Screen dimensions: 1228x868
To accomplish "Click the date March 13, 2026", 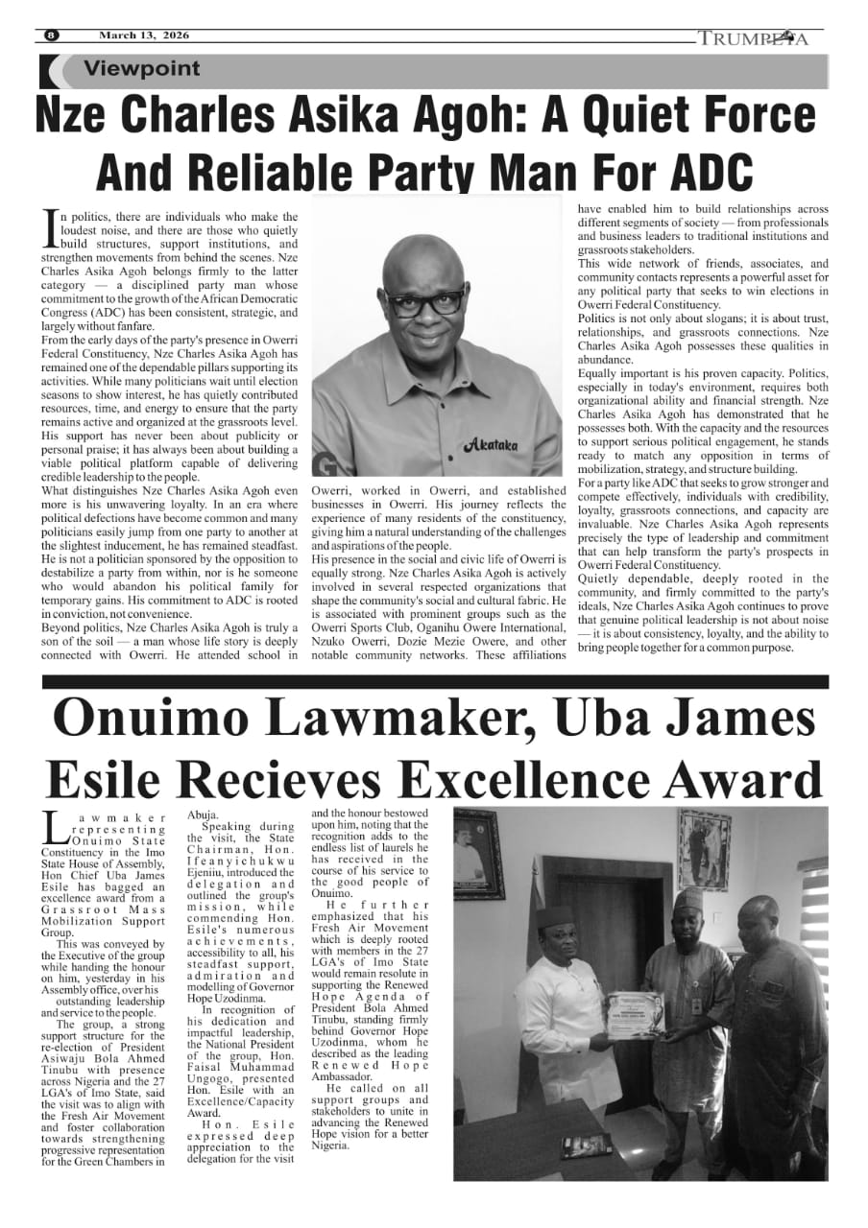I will pos(143,35).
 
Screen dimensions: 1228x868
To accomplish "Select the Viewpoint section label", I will pos(142,69).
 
